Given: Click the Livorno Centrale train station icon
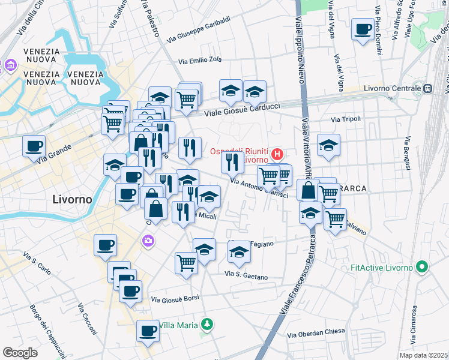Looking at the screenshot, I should (x=427, y=89).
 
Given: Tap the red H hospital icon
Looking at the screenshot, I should (x=276, y=154).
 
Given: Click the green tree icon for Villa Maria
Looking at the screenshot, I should (x=206, y=325).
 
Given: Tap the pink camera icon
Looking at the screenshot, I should (x=148, y=241).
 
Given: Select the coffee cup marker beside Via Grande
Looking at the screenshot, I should (x=34, y=146).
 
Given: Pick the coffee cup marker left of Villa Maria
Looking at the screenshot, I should (x=148, y=331).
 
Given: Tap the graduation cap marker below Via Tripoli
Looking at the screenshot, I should (x=328, y=145).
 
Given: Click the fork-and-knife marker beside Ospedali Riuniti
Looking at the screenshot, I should (x=232, y=161).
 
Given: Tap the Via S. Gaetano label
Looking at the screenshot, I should (x=246, y=275).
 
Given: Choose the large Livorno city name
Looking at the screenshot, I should (x=72, y=199).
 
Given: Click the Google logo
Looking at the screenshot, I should (x=20, y=353).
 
